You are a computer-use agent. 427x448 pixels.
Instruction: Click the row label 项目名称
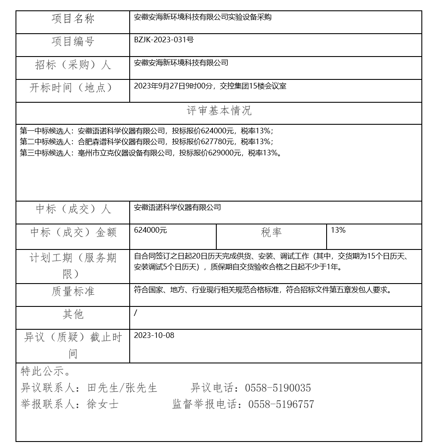click(x=73, y=19)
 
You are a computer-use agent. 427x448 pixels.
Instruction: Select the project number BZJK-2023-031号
click(x=164, y=40)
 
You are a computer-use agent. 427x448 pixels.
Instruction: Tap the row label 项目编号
click(x=73, y=41)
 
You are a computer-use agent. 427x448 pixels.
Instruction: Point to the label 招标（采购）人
click(x=73, y=65)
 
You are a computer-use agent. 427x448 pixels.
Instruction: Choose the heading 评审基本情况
click(x=219, y=111)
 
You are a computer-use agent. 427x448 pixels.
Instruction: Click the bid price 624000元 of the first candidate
click(x=219, y=130)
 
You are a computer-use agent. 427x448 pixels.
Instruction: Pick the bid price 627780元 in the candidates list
click(x=219, y=142)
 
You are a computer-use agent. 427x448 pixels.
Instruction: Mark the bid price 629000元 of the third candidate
click(x=227, y=153)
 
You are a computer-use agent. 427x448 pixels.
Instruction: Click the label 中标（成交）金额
click(x=73, y=232)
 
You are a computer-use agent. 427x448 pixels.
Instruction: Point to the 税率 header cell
click(x=271, y=232)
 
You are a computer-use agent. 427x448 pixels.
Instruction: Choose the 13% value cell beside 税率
click(x=338, y=230)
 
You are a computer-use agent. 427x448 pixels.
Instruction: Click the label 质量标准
click(x=73, y=292)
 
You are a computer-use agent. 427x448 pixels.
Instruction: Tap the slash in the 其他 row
click(x=136, y=312)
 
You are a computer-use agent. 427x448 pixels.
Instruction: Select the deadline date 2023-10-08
click(x=154, y=335)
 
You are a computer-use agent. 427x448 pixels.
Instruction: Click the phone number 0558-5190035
click(x=278, y=388)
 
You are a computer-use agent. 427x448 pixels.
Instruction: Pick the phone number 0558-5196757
click(x=281, y=404)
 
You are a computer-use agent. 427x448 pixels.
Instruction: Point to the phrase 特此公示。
click(x=45, y=371)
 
